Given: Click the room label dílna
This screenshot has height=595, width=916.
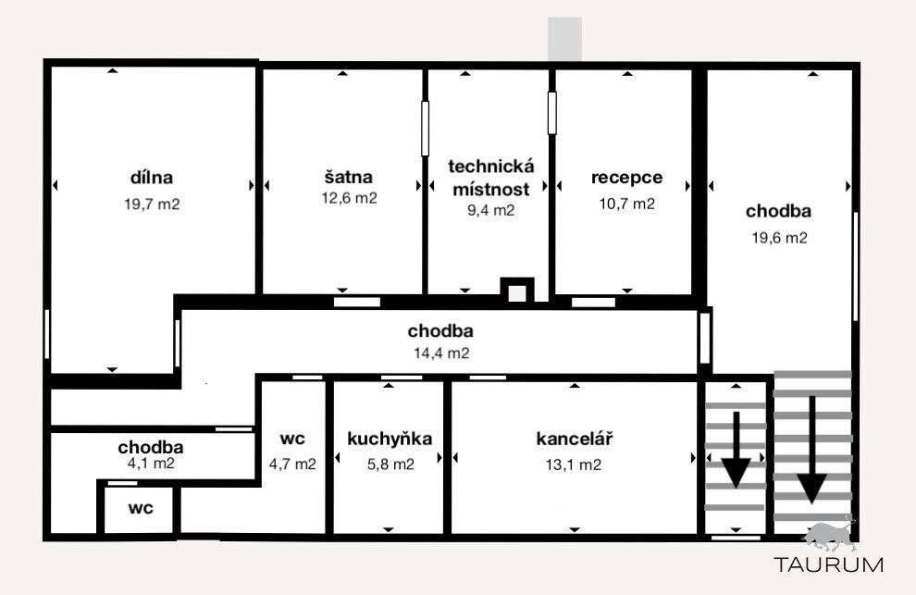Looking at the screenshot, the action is coord(152,177).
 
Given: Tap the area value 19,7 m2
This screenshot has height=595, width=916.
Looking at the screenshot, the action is coord(152,204).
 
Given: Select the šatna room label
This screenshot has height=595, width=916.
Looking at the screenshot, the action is coord(348,177).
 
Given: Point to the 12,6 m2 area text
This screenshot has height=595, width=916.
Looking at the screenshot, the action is coord(350,198).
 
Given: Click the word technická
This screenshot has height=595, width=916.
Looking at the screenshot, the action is coord(490,166).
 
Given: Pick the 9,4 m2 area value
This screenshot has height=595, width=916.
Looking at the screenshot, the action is coord(490,210).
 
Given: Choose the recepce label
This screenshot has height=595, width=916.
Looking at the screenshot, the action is coord(626,177).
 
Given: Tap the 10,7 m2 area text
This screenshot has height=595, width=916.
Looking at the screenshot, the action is coord(626,204).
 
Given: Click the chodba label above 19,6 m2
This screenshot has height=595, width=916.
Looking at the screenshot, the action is coord(778,210).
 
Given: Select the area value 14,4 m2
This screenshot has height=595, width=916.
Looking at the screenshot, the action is coord(441,353).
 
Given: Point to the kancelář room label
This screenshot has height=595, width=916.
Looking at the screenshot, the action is coord(575,439).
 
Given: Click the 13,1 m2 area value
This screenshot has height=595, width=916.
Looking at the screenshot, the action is coord(573,465).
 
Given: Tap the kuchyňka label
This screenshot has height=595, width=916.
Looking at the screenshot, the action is coord(390,439).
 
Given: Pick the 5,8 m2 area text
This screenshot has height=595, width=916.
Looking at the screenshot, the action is coord(390,465).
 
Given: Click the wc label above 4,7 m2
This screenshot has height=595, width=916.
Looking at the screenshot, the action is coord(292,439).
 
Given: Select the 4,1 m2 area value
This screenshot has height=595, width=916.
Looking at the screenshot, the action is coord(151,464).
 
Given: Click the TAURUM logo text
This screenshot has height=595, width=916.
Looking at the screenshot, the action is coord(829,564).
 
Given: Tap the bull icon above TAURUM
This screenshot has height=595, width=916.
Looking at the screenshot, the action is coord(830,536).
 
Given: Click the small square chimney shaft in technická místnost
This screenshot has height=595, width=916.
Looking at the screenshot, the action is coord(517,291).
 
